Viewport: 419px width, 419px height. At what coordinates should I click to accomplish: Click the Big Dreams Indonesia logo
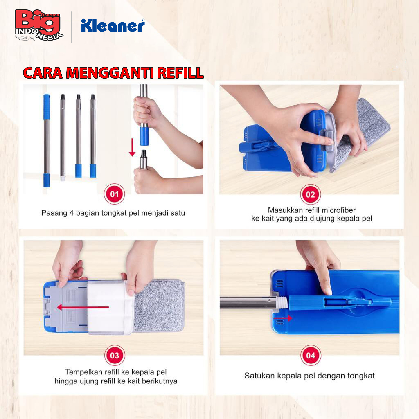click(x=39, y=25)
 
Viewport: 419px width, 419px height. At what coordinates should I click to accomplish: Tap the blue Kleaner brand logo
click(x=113, y=26)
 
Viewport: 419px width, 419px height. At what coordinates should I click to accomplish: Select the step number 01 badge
click(x=115, y=194)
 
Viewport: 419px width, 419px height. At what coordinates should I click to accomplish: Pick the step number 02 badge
click(x=310, y=194)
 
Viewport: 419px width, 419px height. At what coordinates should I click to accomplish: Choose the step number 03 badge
click(x=115, y=356)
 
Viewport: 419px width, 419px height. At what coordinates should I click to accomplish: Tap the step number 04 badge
click(x=311, y=356)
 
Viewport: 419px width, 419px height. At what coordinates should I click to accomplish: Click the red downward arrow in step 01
click(x=132, y=147)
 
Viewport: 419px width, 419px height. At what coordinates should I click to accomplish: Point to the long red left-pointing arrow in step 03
click(x=83, y=307)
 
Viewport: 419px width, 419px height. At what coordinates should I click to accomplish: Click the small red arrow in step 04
click(x=283, y=318)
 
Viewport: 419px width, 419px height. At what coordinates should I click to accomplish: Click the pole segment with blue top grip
click(x=47, y=141)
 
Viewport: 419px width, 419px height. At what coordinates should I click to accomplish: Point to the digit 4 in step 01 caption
click(x=71, y=213)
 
